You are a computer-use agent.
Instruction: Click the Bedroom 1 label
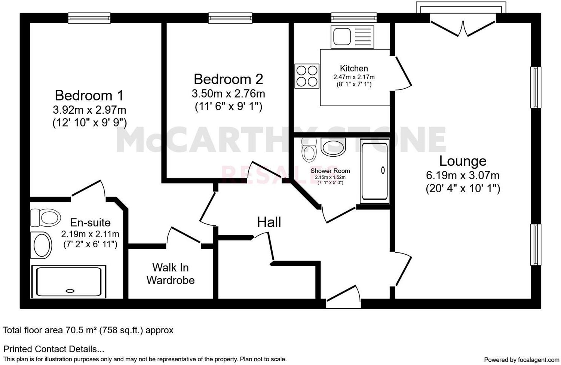[89, 95]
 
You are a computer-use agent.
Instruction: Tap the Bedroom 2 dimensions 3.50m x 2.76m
[228, 93]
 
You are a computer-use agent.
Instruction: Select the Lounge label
[463, 161]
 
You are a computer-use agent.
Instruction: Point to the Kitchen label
[354, 68]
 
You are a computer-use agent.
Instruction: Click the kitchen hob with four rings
[307, 76]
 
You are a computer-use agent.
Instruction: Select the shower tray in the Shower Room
[375, 171]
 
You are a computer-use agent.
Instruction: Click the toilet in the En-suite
[46, 217]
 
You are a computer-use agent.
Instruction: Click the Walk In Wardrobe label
[171, 274]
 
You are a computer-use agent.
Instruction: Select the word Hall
[269, 222]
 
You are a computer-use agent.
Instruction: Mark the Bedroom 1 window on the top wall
[89, 18]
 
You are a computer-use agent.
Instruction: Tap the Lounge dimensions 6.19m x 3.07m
[463, 175]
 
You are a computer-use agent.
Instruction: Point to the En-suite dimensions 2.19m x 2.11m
[90, 234]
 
